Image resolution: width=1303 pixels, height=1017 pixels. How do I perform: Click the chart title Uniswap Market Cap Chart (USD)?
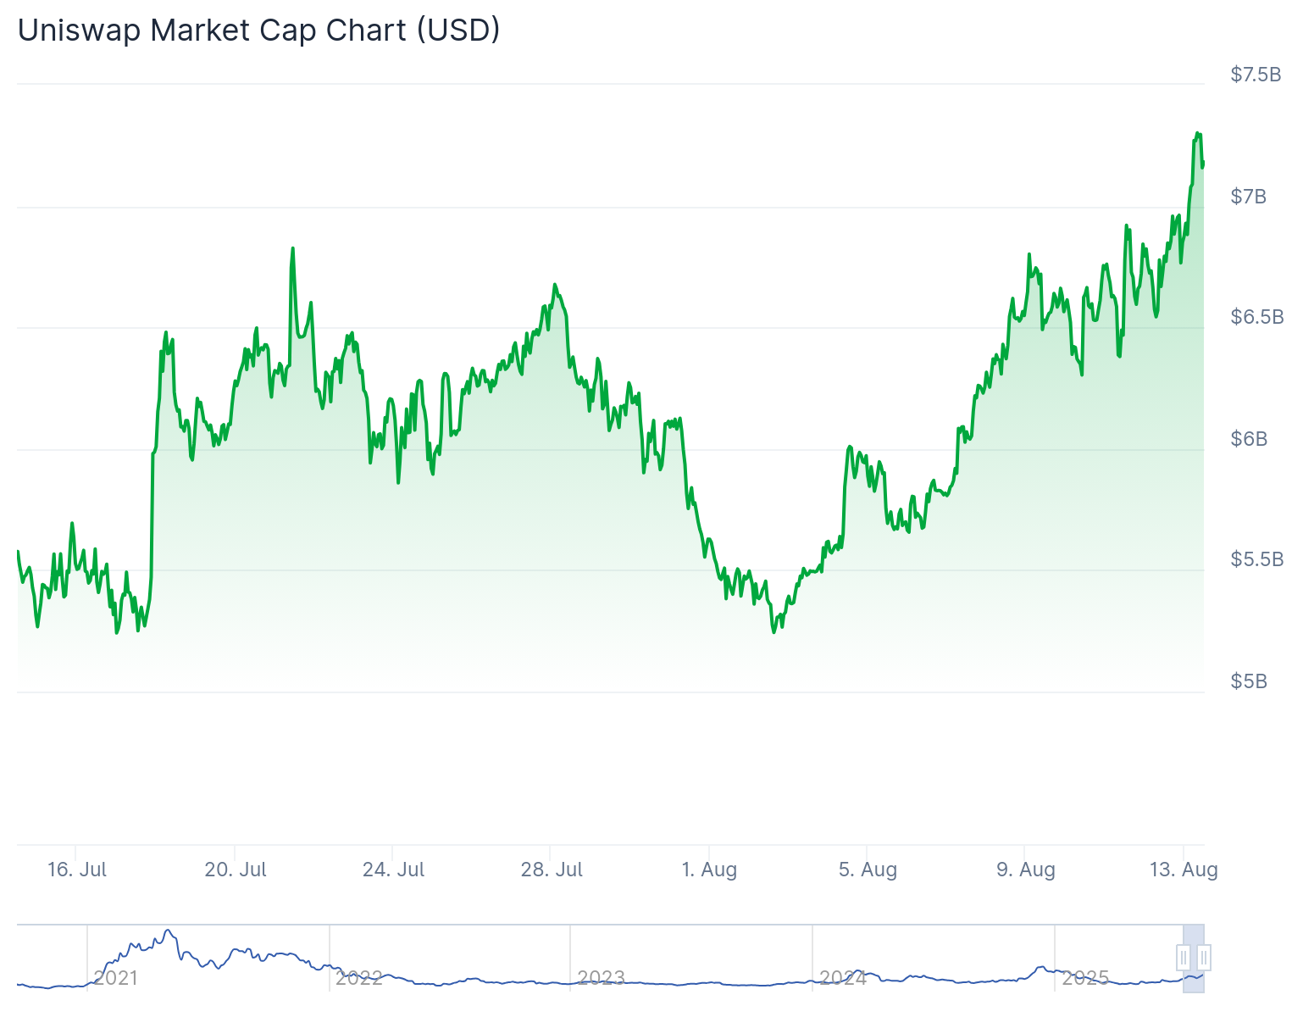(259, 31)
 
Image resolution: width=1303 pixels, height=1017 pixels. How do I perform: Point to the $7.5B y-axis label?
(1256, 75)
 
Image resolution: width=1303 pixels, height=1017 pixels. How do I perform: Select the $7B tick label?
(1249, 197)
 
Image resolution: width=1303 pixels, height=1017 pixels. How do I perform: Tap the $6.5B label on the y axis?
(1257, 317)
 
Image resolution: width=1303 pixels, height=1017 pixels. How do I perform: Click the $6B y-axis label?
(1249, 439)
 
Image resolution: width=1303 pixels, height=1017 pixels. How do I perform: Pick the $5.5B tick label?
(1257, 559)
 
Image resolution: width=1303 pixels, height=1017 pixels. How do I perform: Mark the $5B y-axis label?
(1249, 681)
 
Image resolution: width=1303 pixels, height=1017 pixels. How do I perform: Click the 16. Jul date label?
(77, 870)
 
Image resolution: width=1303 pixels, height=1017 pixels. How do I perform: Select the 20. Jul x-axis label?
(236, 870)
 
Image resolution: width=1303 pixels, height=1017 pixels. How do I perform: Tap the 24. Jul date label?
(393, 870)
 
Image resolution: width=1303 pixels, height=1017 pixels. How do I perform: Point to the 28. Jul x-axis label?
(552, 870)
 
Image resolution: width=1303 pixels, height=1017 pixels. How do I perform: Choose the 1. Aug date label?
(710, 870)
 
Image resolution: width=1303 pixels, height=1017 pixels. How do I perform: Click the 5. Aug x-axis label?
(868, 870)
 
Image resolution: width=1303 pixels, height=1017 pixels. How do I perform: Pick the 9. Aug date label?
(1025, 870)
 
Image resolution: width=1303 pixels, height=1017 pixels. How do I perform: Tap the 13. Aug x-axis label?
(1184, 870)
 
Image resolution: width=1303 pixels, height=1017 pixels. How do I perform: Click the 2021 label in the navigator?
(116, 978)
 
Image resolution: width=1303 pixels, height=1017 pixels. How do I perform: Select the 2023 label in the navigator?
(601, 978)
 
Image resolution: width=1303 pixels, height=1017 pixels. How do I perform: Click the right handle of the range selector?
(1204, 958)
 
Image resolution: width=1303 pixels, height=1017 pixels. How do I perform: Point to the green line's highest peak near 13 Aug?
(1198, 133)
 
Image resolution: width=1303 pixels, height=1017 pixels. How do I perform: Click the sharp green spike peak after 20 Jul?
(292, 248)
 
